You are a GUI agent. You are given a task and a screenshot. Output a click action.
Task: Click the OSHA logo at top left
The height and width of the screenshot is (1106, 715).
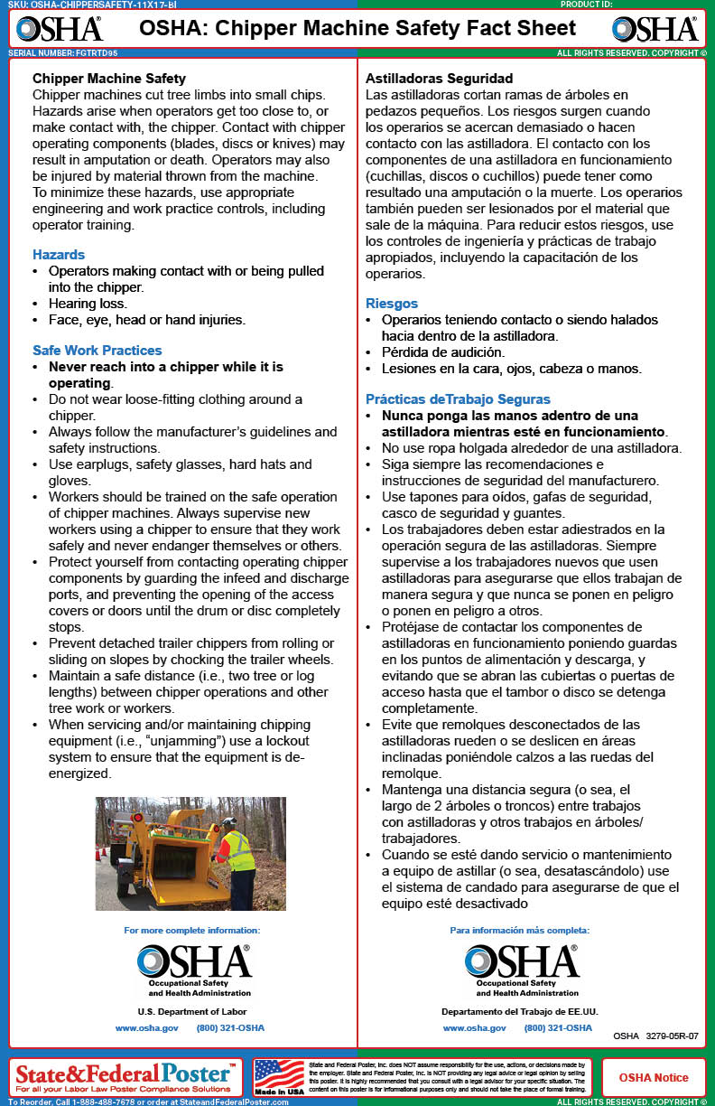pos(60,29)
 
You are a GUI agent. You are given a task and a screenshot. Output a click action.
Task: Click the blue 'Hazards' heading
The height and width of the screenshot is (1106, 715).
pos(59,255)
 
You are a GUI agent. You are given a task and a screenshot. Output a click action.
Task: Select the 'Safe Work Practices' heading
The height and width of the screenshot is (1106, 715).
pos(97,351)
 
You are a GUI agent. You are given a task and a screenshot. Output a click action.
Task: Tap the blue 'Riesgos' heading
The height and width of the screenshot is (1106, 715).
pos(392,304)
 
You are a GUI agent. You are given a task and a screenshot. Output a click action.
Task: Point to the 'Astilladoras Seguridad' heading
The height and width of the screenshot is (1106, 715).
pos(440,79)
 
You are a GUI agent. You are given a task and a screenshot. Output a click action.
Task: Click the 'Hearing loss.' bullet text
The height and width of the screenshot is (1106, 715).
pos(88,304)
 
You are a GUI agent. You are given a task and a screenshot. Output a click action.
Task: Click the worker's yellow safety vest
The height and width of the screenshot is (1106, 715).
pos(239,851)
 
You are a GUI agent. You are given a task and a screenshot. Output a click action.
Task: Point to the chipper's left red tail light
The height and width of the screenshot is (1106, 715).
pos(140,816)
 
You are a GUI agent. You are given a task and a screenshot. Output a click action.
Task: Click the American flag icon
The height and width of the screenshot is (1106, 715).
pos(279,1075)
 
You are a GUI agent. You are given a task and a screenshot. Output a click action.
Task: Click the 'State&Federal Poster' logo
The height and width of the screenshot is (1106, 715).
pos(126,1073)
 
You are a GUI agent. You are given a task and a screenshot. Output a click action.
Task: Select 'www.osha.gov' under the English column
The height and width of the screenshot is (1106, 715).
pos(146,1028)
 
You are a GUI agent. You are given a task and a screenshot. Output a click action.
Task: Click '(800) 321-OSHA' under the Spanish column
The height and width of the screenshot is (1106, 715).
pos(558,1028)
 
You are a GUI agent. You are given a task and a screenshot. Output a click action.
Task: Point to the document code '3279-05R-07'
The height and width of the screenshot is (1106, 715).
pos(672,1036)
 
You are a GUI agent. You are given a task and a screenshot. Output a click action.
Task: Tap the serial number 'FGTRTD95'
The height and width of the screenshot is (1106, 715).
pos(96,53)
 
